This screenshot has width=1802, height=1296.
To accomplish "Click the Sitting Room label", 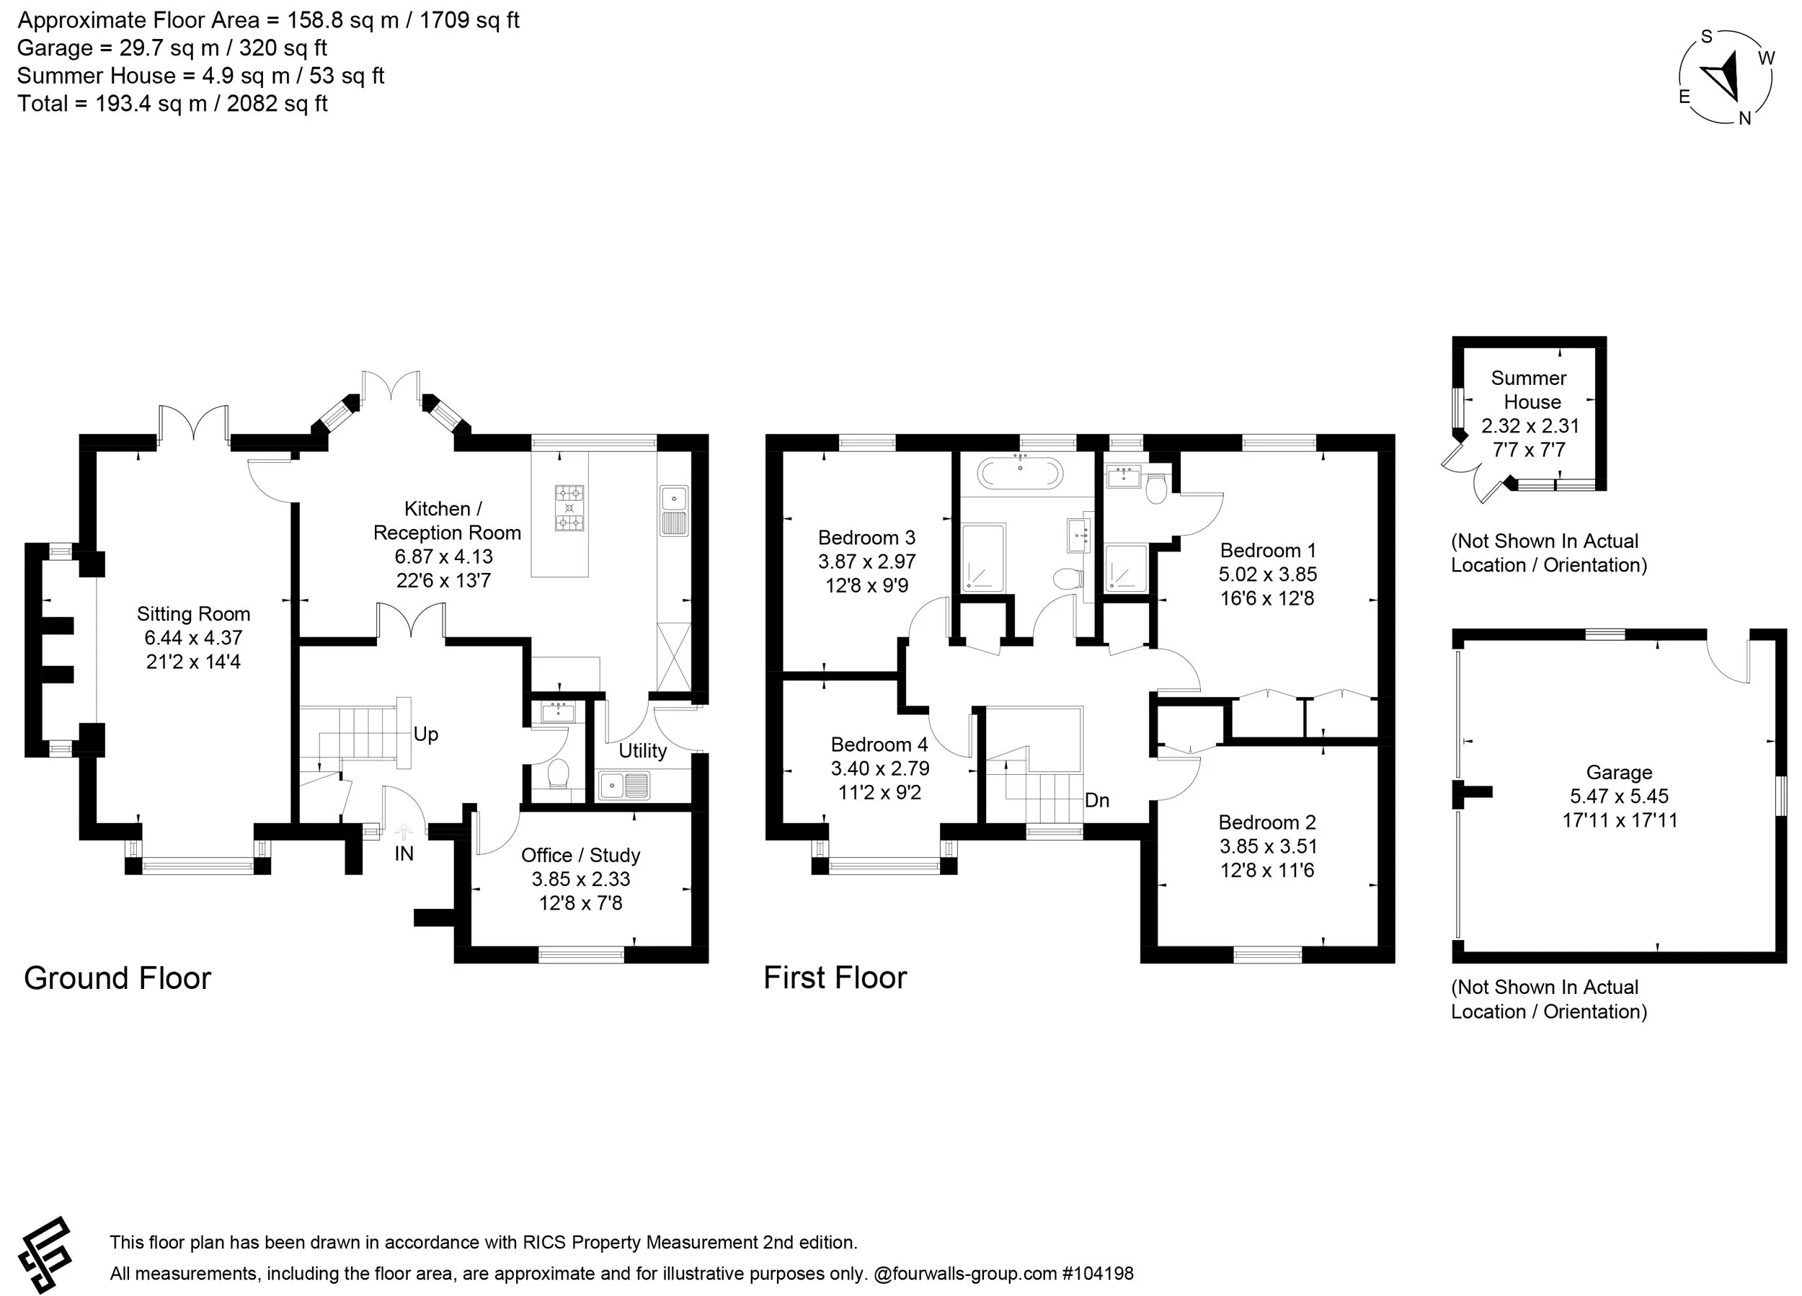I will click(x=193, y=614).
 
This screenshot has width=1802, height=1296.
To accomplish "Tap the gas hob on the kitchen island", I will click(x=569, y=507).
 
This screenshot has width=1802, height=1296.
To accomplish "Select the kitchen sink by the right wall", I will click(x=673, y=511).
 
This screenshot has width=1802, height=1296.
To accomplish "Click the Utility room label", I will click(x=642, y=751).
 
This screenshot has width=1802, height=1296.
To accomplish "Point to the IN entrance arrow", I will click(x=404, y=833).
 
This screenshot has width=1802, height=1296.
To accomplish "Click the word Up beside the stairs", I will click(x=425, y=734).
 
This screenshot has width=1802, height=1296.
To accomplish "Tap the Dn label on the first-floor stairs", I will click(x=1096, y=800).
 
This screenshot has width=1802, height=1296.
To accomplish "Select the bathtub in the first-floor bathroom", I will click(x=1019, y=474).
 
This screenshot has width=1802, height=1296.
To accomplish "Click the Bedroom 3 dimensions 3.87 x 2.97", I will click(x=867, y=562).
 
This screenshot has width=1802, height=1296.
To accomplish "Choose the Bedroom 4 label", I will click(x=879, y=745).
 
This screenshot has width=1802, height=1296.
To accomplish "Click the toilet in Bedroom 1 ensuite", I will click(x=1156, y=488).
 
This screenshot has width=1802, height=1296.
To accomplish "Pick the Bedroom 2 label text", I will click(x=1266, y=822).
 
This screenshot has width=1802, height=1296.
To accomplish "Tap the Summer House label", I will click(x=1530, y=389).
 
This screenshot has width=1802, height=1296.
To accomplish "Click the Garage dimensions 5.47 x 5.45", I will click(x=1618, y=796).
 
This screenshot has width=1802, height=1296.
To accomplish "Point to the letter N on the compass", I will click(x=1745, y=118).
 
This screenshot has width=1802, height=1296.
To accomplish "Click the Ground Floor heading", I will click(x=117, y=978).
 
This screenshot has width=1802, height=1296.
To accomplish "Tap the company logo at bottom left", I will click(x=45, y=1255).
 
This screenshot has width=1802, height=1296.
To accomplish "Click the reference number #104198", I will click(x=1097, y=1274).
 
